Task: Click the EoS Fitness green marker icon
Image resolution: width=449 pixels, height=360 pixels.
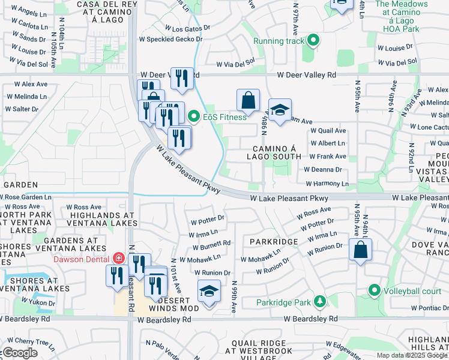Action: (x=193, y=116)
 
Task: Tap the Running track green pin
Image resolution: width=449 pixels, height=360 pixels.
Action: (x=313, y=41)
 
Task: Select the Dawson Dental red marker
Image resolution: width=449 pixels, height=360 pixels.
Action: (x=119, y=259)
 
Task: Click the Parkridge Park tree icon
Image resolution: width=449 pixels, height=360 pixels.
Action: (x=321, y=302)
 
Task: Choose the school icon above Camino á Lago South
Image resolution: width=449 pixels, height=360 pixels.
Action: (x=280, y=110)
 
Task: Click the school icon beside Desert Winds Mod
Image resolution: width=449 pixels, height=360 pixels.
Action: (x=208, y=292)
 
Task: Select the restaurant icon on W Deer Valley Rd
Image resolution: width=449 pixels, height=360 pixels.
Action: (x=182, y=77)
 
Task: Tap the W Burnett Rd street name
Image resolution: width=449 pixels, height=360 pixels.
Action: (x=211, y=245)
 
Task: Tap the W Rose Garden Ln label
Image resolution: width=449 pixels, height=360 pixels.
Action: (x=26, y=197)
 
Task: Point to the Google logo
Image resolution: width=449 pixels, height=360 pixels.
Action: (x=20, y=353)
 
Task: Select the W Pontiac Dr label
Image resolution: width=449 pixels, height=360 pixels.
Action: (x=426, y=308)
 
